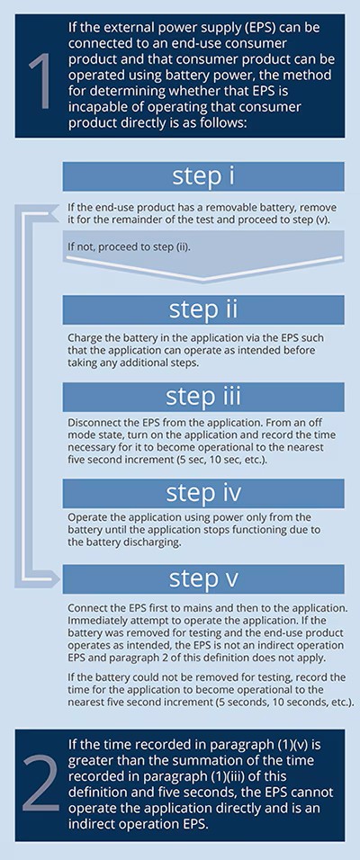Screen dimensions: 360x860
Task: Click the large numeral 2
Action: point(40,784)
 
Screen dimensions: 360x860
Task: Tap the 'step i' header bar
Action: point(203,176)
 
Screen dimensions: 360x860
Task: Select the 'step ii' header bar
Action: point(203,309)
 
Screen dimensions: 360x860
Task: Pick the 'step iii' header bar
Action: point(203,397)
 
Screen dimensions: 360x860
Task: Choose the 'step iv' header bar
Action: point(203,493)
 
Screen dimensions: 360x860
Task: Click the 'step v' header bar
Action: point(203,579)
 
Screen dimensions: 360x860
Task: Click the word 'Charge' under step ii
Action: point(82,338)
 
